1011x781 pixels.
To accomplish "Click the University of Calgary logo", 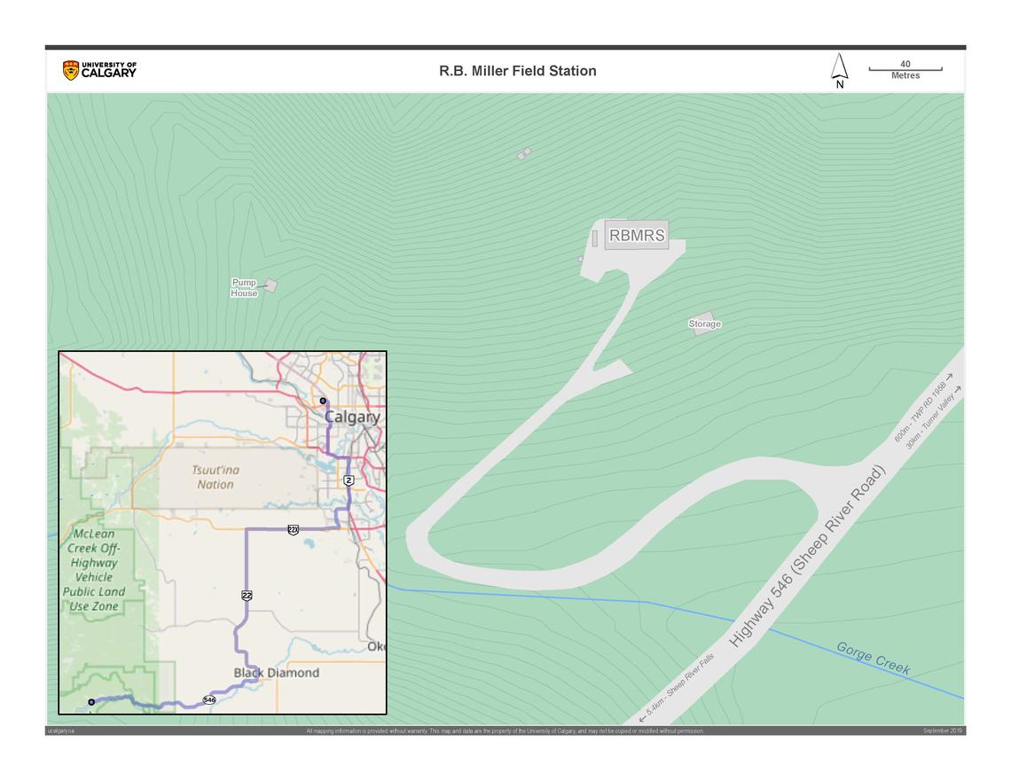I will (99, 70).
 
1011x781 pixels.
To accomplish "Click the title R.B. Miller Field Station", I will (517, 71).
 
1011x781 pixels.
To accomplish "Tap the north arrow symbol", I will (839, 70).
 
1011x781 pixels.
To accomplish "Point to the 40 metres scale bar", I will (905, 69).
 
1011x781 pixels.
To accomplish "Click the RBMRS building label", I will (637, 236).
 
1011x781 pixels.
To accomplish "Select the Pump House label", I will (244, 288).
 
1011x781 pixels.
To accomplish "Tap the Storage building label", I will (705, 324).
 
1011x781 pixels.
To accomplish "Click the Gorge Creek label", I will (874, 659).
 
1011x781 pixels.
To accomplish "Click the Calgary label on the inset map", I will (352, 417).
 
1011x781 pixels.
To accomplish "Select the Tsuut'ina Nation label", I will (216, 477).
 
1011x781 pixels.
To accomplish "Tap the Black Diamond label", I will (276, 673).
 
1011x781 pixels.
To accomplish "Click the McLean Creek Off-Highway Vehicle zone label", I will (93, 570).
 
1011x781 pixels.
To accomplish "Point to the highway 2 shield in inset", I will (349, 480).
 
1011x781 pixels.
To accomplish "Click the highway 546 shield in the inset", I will (209, 700).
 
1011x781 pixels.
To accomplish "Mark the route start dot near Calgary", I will (323, 401).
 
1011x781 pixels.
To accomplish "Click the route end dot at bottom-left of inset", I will (91, 702).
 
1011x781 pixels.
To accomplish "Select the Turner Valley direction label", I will (933, 417).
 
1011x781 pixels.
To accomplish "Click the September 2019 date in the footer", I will (943, 730).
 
